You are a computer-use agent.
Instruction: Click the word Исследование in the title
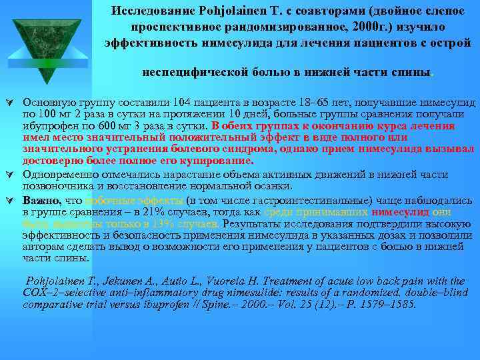coord(150,11)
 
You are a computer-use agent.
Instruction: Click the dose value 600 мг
coord(94,123)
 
